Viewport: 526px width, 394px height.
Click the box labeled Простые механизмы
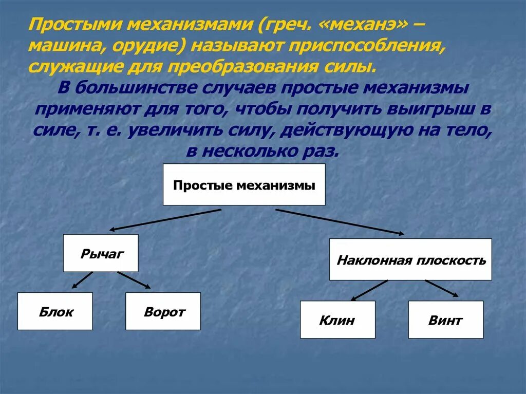pos(244,184)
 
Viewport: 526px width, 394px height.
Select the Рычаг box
pos(101,253)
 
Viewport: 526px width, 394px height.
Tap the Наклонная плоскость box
pos(410,259)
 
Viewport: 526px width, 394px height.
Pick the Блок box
pos(55,311)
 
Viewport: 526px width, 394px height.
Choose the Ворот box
pos(163,311)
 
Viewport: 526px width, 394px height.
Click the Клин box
pos(337,320)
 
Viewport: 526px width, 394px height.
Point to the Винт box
pos(445,320)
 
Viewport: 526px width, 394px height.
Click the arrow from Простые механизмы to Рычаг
pos(165,220)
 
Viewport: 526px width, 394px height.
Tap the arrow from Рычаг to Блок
pos(82,280)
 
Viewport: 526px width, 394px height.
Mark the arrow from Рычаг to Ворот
pos(134,280)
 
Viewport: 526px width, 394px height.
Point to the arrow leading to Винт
pos(442,288)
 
